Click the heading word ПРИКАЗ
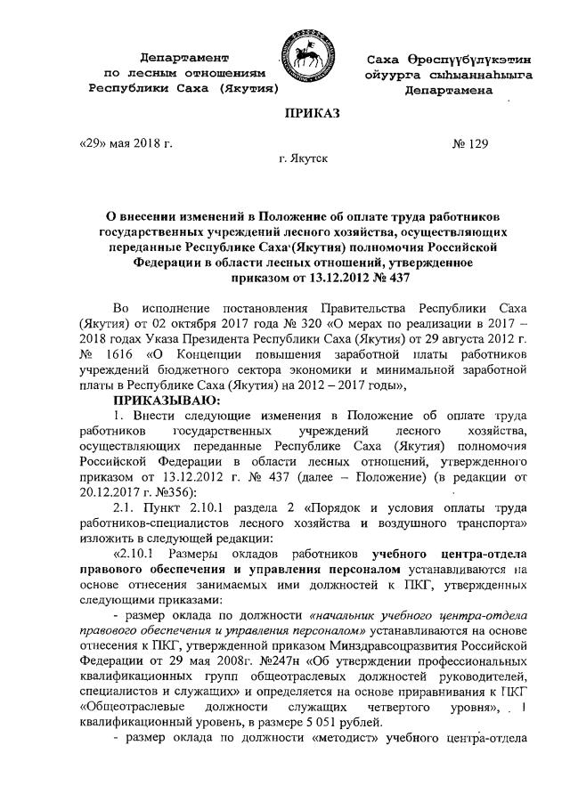coord(312,114)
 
